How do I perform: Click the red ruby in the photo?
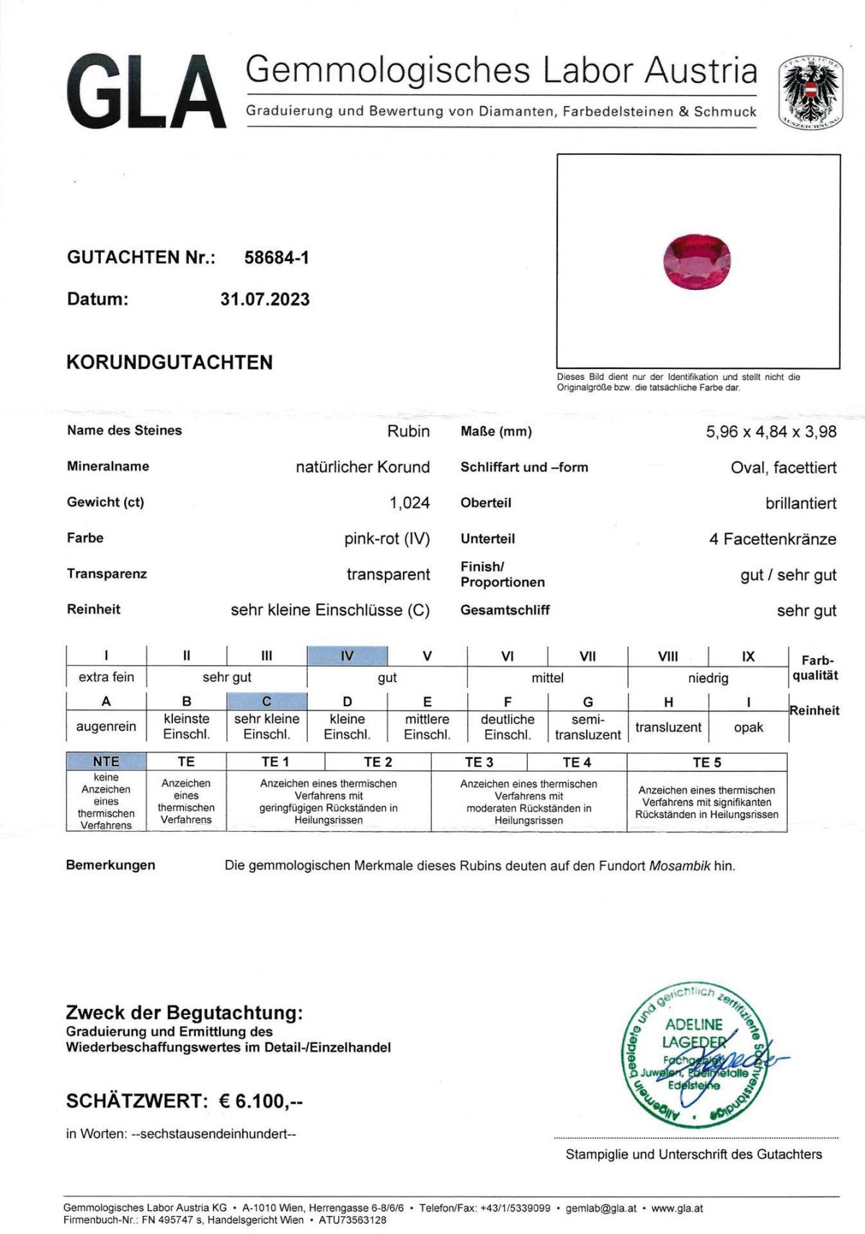click(697, 263)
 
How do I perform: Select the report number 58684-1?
click(277, 257)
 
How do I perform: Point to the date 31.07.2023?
click(265, 299)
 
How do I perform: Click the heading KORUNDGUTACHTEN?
click(169, 362)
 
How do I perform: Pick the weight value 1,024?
click(409, 502)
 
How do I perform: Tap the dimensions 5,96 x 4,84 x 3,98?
click(771, 432)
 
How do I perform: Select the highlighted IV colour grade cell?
click(347, 656)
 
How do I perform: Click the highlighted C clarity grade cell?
click(267, 701)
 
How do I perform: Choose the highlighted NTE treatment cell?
click(106, 761)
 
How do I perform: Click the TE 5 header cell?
click(706, 762)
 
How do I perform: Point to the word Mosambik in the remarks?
click(680, 866)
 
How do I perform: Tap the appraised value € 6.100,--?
click(261, 1101)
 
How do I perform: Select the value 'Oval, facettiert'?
click(784, 467)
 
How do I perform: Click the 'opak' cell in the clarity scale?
click(748, 727)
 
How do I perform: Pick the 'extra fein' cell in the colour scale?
click(106, 677)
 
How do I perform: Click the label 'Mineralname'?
click(108, 466)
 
